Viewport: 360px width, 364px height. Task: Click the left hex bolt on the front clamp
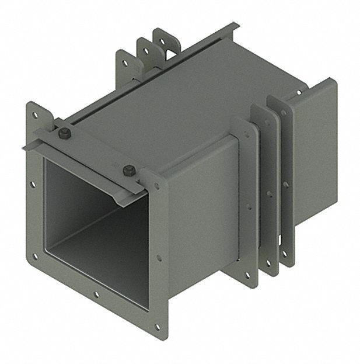pyautogui.click(x=65, y=134)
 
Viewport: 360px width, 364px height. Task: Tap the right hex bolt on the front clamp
pyautogui.click(x=129, y=171)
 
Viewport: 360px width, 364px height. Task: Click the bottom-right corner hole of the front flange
pyautogui.click(x=156, y=327)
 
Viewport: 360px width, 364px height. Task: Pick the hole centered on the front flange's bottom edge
pyautogui.click(x=96, y=294)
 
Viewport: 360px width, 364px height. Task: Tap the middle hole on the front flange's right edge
pyautogui.click(x=159, y=257)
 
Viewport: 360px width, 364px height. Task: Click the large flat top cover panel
pyautogui.click(x=175, y=105)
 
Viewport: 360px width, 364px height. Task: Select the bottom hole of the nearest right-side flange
pyautogui.click(x=247, y=275)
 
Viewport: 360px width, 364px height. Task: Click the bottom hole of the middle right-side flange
pyautogui.click(x=268, y=262)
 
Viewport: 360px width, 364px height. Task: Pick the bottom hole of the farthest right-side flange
pyautogui.click(x=285, y=252)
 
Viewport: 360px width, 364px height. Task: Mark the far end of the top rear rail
pyautogui.click(x=233, y=26)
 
